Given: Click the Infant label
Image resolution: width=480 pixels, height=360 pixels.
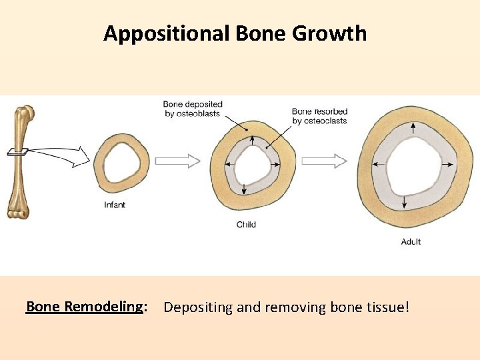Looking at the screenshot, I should coord(115,205).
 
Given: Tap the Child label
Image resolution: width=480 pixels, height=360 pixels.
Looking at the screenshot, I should coord(246,225).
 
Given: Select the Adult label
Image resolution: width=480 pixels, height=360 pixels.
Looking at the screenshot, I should coord(411,241).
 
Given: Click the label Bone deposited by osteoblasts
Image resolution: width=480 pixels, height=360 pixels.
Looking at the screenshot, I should coord(193,109).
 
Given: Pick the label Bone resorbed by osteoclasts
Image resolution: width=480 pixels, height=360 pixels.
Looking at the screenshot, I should coord(319,116).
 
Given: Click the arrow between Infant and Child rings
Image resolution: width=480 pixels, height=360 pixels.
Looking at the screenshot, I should coord(177,161).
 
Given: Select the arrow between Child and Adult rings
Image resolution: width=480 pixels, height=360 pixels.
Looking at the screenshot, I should coord(324,161).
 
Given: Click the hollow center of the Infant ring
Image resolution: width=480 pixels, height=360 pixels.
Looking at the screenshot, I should coord(121,163).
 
